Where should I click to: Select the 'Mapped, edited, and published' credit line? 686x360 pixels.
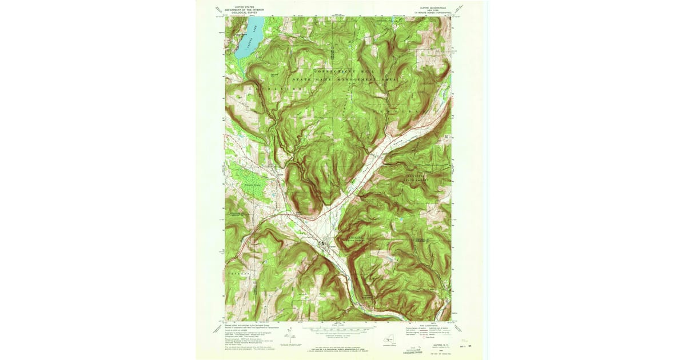click(x=246, y=323)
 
